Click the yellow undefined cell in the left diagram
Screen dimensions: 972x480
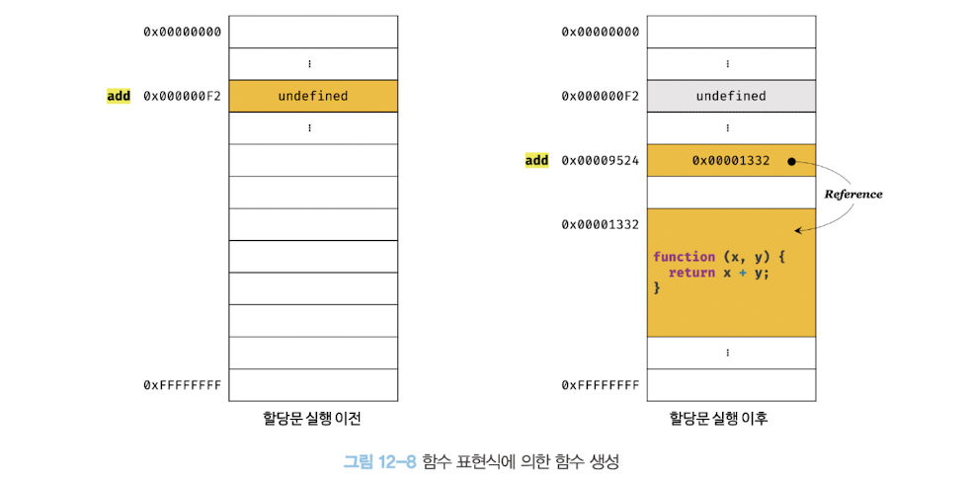click(x=312, y=96)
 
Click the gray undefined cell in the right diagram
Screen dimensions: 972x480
click(x=731, y=96)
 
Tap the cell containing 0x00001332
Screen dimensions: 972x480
click(x=731, y=160)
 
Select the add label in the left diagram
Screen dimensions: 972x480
click(x=119, y=96)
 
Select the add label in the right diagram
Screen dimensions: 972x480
click(x=536, y=160)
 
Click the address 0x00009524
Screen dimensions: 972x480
click(x=601, y=160)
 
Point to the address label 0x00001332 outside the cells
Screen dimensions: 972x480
click(x=601, y=224)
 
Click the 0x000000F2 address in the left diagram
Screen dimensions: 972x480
click(x=183, y=96)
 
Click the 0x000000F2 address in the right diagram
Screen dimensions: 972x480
click(x=601, y=96)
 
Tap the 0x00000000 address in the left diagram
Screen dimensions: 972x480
click(x=183, y=32)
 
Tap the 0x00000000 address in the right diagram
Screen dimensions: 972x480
click(x=601, y=32)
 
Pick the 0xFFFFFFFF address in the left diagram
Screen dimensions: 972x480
click(x=183, y=384)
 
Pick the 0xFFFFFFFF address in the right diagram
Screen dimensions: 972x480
click(x=601, y=384)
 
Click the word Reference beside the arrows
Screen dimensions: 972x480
click(x=853, y=195)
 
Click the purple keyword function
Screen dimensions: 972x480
click(x=684, y=257)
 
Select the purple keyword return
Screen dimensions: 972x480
click(x=691, y=273)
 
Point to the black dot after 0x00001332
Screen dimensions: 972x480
click(x=792, y=161)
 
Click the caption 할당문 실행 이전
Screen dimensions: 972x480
click(x=312, y=418)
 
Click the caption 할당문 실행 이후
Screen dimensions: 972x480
click(x=731, y=418)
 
